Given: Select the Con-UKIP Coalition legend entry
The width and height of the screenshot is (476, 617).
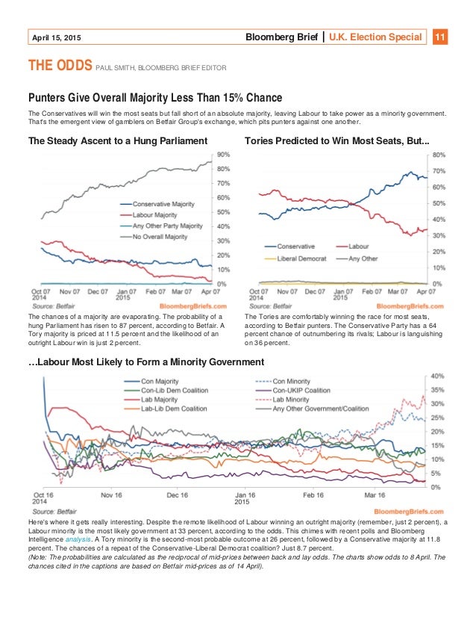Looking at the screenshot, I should tap(302, 390).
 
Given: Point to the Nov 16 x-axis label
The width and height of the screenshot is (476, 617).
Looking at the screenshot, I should tap(110, 494).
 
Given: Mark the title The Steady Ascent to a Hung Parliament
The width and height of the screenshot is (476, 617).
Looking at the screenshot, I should tap(118, 140).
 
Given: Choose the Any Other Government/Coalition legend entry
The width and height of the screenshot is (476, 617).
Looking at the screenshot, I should tap(323, 409).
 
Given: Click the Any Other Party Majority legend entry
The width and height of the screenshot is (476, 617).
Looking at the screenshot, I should tap(166, 225).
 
